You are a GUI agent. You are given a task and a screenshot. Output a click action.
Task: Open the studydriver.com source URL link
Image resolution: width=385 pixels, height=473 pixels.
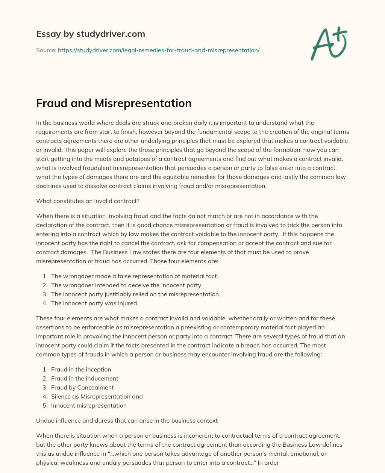point(159,50)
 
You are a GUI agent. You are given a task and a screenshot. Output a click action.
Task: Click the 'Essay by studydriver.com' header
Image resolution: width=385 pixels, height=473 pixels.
point(90,34)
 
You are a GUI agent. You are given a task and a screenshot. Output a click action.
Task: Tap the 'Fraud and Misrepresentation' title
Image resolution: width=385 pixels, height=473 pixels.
point(114,103)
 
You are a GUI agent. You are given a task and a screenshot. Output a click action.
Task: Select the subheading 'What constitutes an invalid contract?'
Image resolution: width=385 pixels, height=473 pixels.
point(88,201)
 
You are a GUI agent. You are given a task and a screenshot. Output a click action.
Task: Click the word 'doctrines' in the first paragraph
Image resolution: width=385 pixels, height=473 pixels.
point(49,186)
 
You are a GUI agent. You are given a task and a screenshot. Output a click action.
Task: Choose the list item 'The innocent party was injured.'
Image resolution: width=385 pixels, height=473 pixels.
point(95,303)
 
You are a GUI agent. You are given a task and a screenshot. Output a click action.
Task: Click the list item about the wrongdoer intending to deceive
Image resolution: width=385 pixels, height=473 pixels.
point(127,285)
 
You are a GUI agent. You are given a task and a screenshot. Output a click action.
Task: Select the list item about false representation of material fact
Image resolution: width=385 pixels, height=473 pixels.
point(134,276)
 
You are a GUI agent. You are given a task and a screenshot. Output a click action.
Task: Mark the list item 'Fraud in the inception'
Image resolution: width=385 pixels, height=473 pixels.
point(81,369)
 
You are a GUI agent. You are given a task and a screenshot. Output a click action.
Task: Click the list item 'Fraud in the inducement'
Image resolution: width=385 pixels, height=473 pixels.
point(85,378)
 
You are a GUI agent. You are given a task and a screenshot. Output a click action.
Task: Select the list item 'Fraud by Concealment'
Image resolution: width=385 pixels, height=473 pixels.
point(82,387)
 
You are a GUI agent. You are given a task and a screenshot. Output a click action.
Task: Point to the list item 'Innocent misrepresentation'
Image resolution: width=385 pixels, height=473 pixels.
point(89,405)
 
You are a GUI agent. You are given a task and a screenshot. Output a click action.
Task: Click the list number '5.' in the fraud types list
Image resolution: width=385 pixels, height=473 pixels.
point(45,405)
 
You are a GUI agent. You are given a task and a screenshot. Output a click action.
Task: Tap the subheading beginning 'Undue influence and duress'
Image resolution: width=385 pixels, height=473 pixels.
point(127,420)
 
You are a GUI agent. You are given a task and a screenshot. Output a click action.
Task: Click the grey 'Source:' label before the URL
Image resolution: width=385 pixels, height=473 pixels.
point(46,50)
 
